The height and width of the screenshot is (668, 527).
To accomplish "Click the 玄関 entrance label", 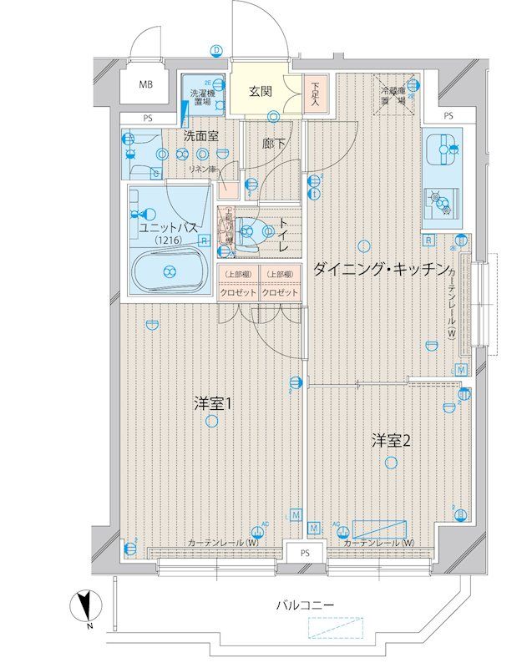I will [x=260, y=91].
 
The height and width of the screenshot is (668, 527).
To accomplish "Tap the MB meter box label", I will [x=147, y=84].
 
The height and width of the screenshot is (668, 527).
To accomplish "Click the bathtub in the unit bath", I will [x=170, y=270].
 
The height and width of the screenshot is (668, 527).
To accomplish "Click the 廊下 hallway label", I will [x=272, y=144].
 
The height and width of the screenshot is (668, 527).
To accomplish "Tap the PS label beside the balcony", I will [x=306, y=554].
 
